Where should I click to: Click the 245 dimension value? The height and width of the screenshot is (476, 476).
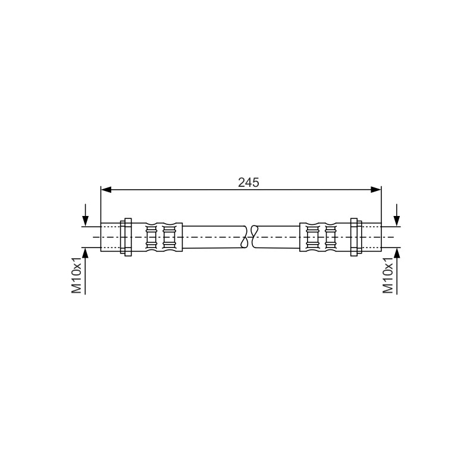[x=249, y=183]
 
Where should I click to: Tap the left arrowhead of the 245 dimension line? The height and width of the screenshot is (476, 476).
[x=106, y=190]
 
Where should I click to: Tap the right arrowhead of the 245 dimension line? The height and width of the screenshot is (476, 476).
[x=376, y=190]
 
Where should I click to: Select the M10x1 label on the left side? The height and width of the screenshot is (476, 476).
[x=77, y=275]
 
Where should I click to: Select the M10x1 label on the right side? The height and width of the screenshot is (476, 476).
[x=388, y=275]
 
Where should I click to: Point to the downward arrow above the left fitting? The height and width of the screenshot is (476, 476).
[x=86, y=215]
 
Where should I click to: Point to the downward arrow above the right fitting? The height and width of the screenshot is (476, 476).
[x=397, y=215]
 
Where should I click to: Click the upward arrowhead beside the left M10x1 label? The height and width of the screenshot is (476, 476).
[x=86, y=252]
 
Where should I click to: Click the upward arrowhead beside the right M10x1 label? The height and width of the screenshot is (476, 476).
[x=397, y=252]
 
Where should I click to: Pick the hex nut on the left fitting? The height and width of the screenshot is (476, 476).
[x=126, y=237]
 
